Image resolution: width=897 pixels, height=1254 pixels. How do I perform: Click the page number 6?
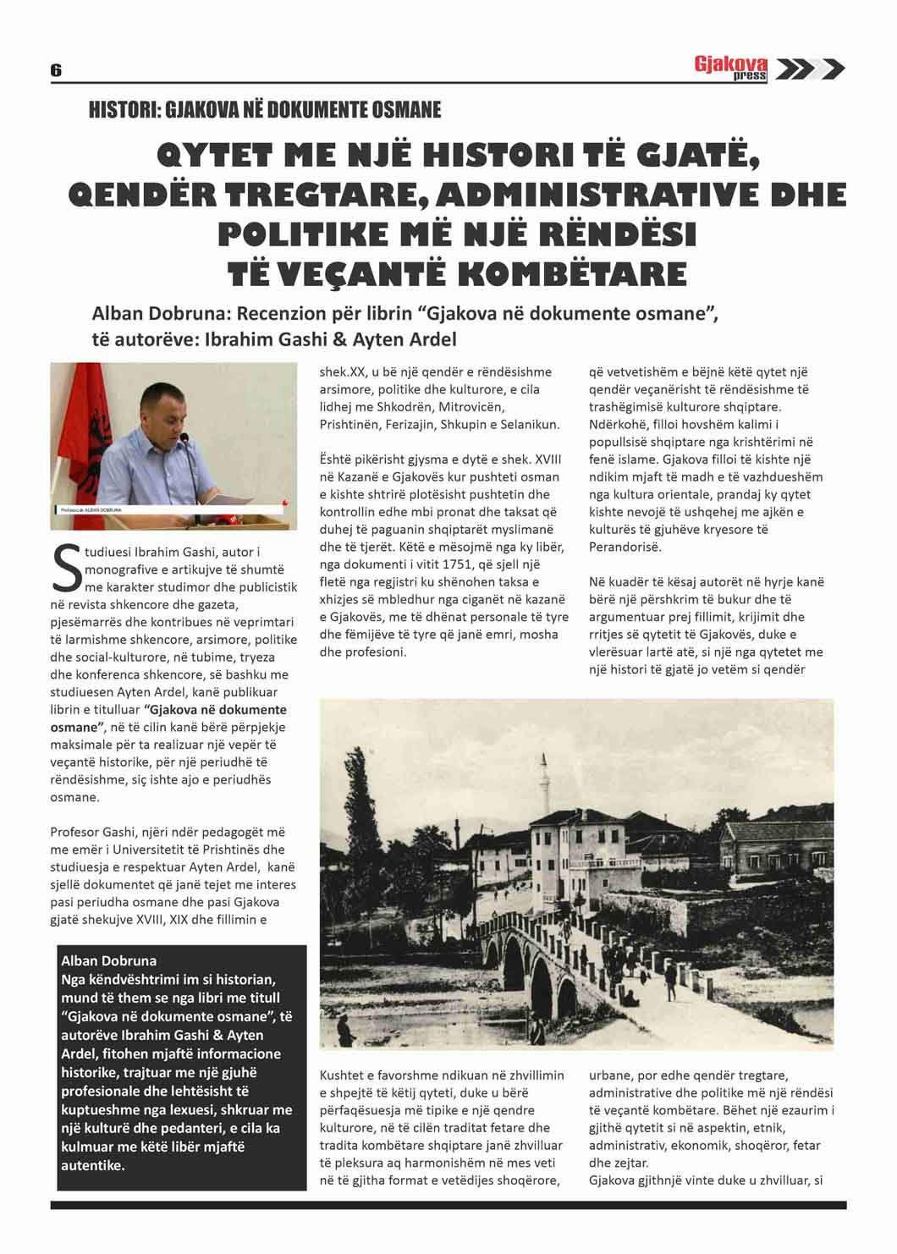click(x=56, y=70)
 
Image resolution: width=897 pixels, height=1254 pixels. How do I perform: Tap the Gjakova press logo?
click(x=730, y=68)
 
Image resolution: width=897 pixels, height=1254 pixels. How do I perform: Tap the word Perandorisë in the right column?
click(x=626, y=547)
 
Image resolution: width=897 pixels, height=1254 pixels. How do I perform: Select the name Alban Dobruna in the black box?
click(x=108, y=960)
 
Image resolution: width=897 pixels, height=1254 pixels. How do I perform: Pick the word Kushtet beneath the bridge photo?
click(x=343, y=1075)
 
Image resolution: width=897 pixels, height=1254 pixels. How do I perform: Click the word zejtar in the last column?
click(x=630, y=1163)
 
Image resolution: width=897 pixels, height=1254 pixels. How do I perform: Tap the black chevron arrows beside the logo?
click(x=810, y=69)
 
